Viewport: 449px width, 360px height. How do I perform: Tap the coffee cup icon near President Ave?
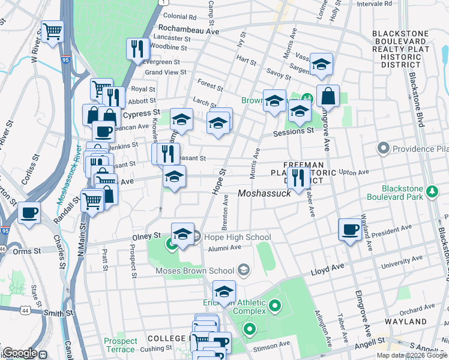coord(350,229)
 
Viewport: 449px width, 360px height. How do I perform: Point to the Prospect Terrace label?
coord(120,345)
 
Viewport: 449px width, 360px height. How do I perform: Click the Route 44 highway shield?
coord(25,310)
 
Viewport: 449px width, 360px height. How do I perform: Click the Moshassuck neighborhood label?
coord(264,193)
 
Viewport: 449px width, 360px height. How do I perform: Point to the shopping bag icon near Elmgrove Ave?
coord(328,96)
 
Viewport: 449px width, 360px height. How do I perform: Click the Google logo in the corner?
coord(19,353)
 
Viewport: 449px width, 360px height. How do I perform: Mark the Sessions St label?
coord(294,131)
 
